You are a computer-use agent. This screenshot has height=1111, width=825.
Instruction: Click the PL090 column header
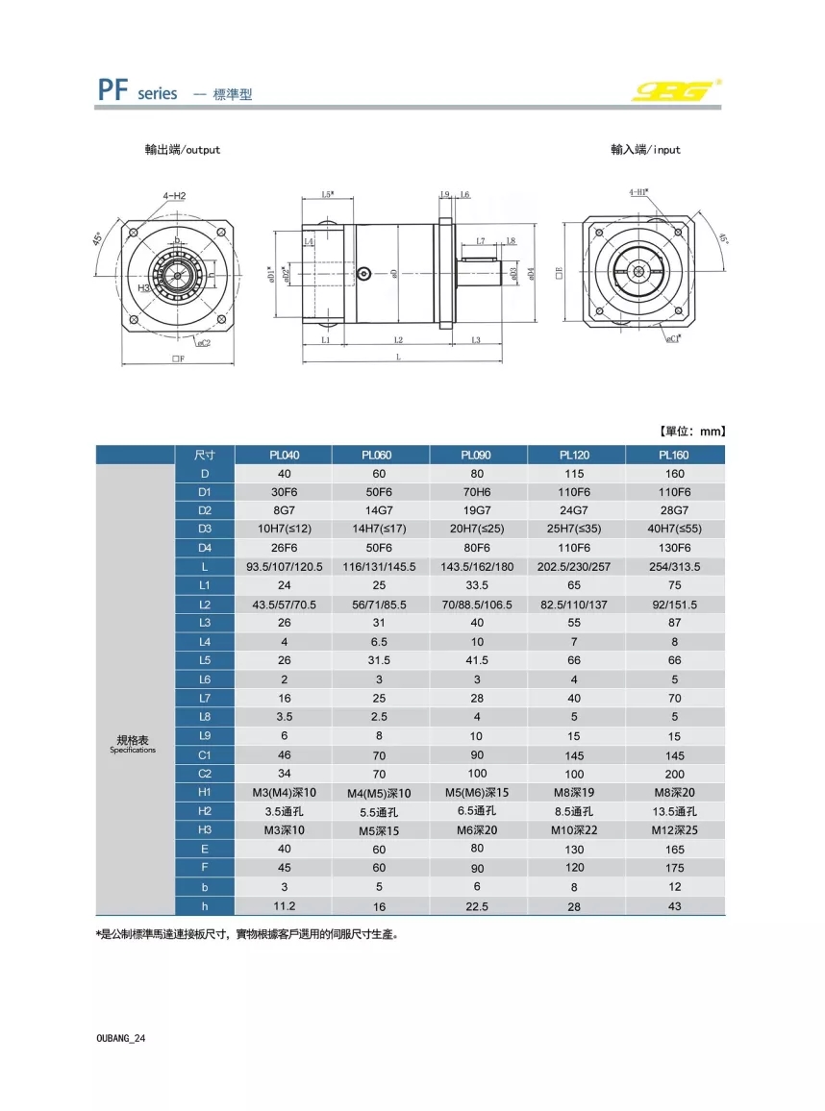pos(476,455)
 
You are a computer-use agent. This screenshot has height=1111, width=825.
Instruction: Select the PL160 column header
pos(674,455)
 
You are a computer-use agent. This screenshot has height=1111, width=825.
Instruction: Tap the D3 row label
pos(205,530)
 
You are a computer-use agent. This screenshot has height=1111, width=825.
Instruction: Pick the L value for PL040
pos(284,567)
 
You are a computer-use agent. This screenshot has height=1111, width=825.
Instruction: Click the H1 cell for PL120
pos(575,793)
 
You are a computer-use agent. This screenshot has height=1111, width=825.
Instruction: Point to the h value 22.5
pos(476,906)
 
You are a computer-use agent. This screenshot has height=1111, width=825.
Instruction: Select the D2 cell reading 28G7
pos(674,510)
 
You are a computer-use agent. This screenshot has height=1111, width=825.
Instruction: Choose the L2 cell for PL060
pos(379,605)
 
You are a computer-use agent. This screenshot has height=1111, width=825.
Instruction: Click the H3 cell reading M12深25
pos(674,830)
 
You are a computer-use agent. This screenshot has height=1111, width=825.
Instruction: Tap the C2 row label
pos(205,774)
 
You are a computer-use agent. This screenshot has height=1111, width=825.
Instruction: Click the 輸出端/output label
pos(182,150)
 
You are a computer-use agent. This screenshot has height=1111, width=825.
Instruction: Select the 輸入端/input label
pos(645,150)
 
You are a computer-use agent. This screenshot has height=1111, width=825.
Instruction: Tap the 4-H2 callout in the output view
pos(174,196)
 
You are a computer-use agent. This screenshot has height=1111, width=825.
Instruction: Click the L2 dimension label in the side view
pos(398,340)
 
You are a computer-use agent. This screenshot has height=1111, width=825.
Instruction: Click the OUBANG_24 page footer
pos(121,1039)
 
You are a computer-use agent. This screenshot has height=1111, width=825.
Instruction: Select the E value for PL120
pos(575,850)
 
